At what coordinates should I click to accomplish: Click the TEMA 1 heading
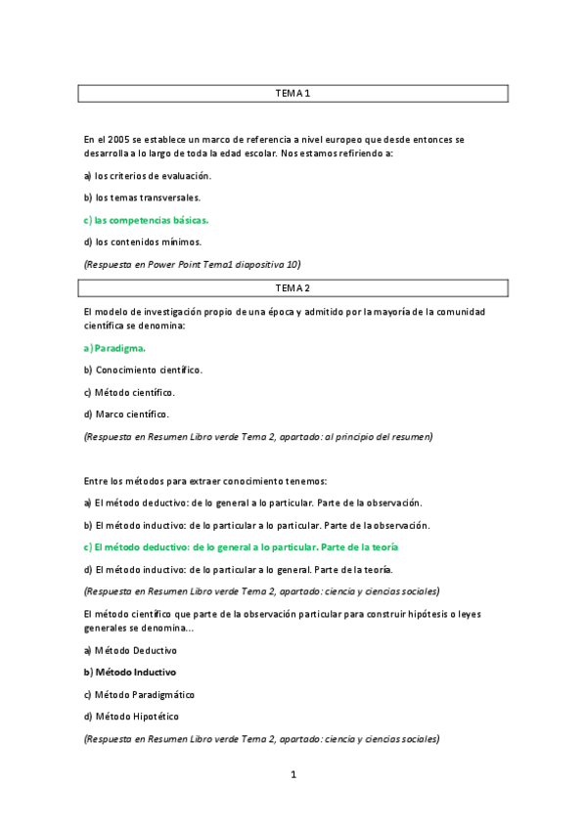click(x=293, y=94)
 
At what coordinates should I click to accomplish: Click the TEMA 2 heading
click(x=293, y=288)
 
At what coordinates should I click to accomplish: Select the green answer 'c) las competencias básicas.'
click(x=146, y=220)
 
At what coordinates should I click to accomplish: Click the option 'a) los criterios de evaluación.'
click(x=147, y=176)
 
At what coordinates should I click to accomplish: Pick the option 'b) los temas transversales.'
click(x=142, y=197)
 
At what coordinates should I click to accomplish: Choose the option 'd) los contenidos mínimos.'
click(x=142, y=241)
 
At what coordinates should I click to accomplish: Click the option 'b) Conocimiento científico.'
click(x=143, y=371)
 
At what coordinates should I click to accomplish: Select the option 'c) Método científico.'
click(x=129, y=392)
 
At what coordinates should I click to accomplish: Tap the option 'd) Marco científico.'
click(x=126, y=414)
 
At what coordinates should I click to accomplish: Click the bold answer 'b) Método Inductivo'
click(x=130, y=673)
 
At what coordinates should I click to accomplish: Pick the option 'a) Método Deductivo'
click(x=130, y=650)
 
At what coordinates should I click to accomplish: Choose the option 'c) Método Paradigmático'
click(x=139, y=694)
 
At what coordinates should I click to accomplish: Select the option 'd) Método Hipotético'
click(x=131, y=717)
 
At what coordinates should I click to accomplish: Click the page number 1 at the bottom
click(x=293, y=775)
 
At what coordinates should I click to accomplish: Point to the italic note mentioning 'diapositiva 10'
click(x=193, y=264)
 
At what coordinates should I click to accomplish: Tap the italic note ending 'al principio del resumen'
click(x=258, y=437)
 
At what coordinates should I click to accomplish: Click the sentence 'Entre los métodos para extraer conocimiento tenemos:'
click(x=205, y=481)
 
